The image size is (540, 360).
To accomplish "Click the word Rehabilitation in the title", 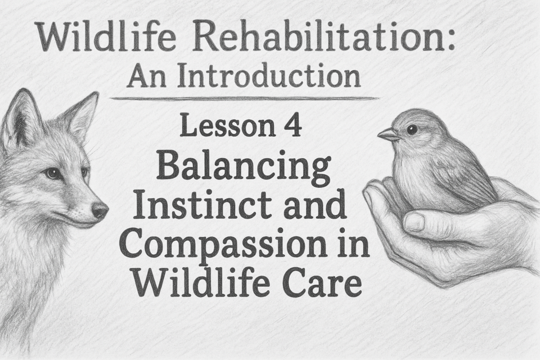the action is tap(322, 37).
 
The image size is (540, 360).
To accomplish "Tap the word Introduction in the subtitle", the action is tap(269, 76).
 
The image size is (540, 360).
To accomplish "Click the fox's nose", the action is tap(100, 209).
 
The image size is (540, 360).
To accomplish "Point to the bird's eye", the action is tap(412, 129).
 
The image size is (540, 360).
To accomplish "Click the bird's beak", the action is tap(389, 134).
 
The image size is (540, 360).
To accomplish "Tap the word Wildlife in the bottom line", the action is tap(202, 283).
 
